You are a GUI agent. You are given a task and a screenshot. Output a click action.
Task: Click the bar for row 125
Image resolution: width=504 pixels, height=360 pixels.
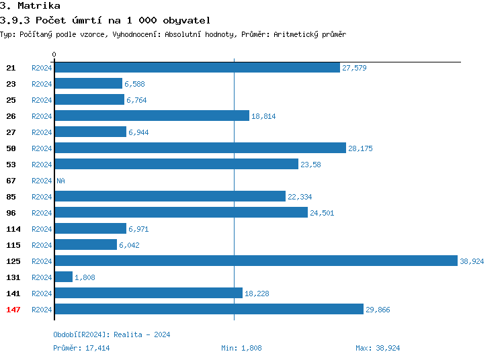[x=255, y=261]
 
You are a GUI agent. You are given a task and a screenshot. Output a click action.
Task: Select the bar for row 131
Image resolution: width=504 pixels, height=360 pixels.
[x=63, y=277]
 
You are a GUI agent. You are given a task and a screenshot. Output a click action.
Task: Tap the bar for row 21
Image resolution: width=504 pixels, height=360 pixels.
[x=197, y=67]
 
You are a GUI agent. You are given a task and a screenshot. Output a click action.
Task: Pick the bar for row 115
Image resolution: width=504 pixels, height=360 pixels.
[x=85, y=244]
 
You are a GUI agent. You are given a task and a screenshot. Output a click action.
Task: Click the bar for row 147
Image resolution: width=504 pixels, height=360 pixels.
[x=208, y=309]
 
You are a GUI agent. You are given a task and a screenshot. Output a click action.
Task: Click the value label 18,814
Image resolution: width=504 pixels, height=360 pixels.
[x=263, y=116]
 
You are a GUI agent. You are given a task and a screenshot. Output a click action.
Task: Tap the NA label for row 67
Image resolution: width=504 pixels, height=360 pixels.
[x=60, y=181]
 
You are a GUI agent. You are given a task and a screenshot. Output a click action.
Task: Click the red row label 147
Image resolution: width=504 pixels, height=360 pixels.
[x=13, y=309]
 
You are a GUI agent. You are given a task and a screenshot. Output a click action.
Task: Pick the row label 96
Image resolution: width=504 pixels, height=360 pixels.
[x=11, y=212]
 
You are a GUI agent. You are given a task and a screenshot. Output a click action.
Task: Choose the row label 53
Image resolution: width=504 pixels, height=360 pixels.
[x=11, y=164]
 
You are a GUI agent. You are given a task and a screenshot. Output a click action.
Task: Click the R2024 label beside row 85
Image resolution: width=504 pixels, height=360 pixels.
[x=42, y=197]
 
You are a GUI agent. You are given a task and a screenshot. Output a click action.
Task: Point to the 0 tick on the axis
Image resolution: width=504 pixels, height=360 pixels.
[x=54, y=54]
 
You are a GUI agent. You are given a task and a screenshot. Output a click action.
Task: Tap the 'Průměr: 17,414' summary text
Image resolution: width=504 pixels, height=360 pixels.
[x=81, y=348]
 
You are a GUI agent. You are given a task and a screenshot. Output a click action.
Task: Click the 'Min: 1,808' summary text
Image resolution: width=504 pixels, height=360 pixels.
[x=241, y=348]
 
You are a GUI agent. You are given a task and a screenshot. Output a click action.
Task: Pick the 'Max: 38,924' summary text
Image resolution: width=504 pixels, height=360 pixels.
[x=378, y=348]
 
